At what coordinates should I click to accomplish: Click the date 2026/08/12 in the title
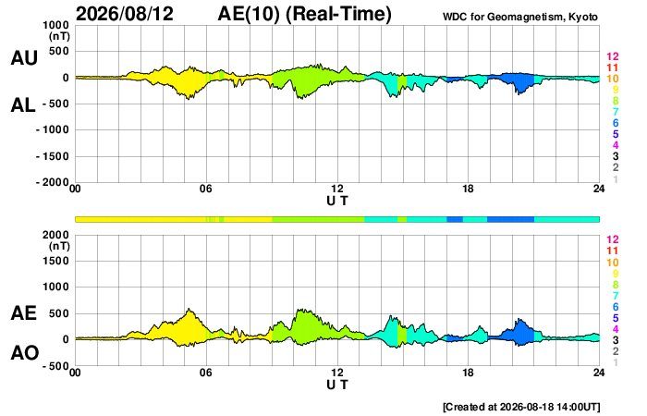click(125, 13)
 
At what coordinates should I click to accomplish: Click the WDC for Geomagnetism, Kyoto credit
click(519, 17)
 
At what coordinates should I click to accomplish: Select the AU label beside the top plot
click(24, 57)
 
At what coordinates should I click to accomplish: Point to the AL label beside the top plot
click(23, 105)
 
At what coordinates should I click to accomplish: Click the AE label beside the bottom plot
click(23, 313)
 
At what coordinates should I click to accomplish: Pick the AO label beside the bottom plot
click(25, 353)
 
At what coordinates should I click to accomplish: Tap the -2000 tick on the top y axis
click(53, 182)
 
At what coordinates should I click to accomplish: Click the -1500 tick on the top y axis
click(53, 156)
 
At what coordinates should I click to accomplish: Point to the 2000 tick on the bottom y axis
click(56, 235)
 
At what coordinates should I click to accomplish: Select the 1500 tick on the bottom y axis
click(56, 261)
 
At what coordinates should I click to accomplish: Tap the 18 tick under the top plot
click(468, 189)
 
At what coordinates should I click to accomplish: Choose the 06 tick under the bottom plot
click(206, 373)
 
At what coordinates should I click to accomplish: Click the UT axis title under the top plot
click(337, 201)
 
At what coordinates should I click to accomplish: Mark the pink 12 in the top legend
click(612, 56)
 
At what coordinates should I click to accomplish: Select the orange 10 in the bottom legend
click(612, 263)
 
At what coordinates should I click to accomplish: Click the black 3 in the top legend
click(616, 156)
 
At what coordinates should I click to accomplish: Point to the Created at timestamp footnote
click(521, 407)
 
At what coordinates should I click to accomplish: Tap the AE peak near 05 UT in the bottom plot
click(189, 309)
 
